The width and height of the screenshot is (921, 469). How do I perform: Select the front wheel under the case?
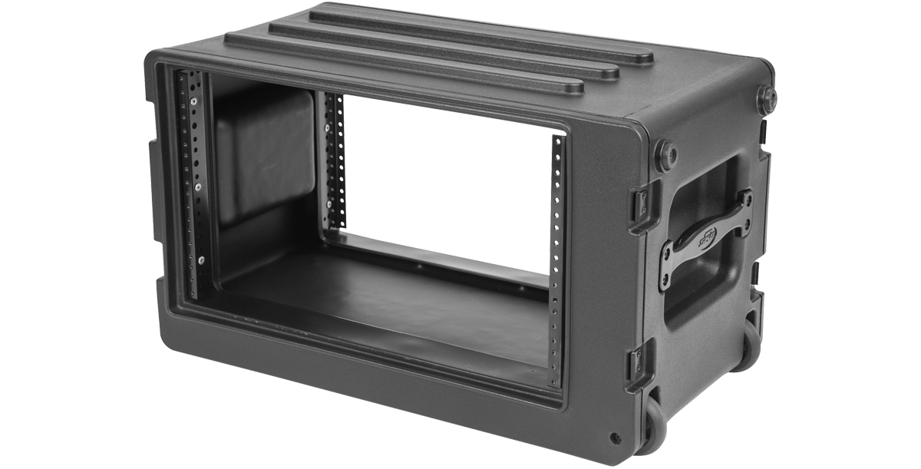652,426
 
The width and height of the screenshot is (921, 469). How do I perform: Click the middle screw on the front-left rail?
197,187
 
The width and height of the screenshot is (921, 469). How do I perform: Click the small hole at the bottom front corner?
614,438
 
